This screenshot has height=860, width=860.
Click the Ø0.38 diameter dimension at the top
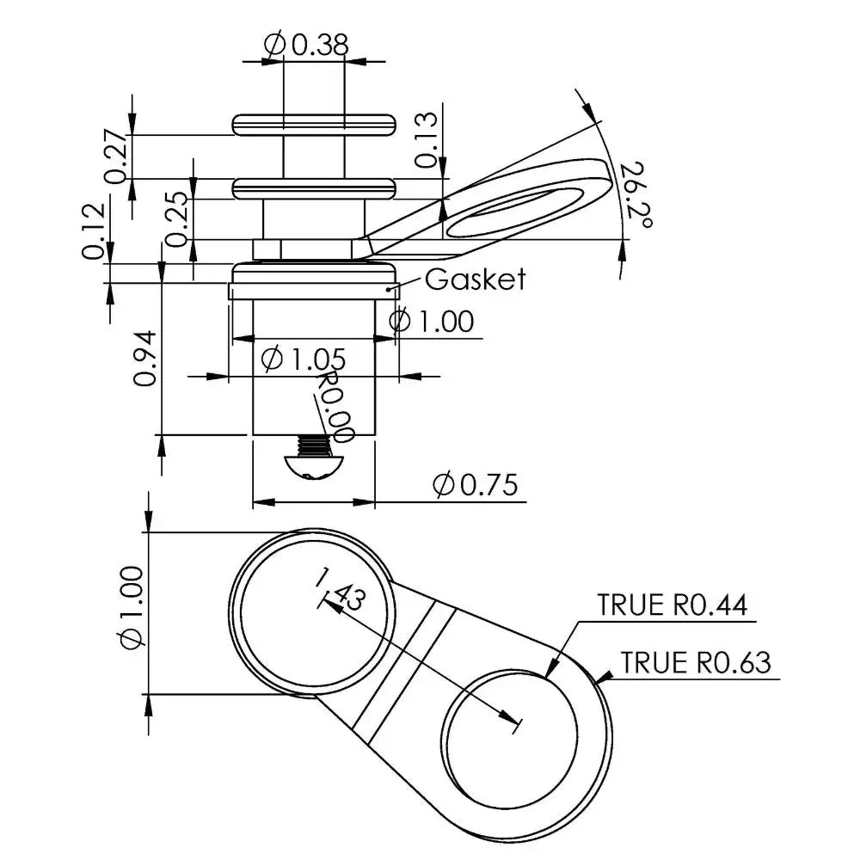point(306,45)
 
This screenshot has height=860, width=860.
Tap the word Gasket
point(475,279)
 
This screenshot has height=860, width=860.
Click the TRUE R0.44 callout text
point(673,605)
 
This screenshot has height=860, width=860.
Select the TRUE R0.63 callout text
point(696,662)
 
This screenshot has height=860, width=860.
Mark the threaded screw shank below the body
point(315,445)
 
